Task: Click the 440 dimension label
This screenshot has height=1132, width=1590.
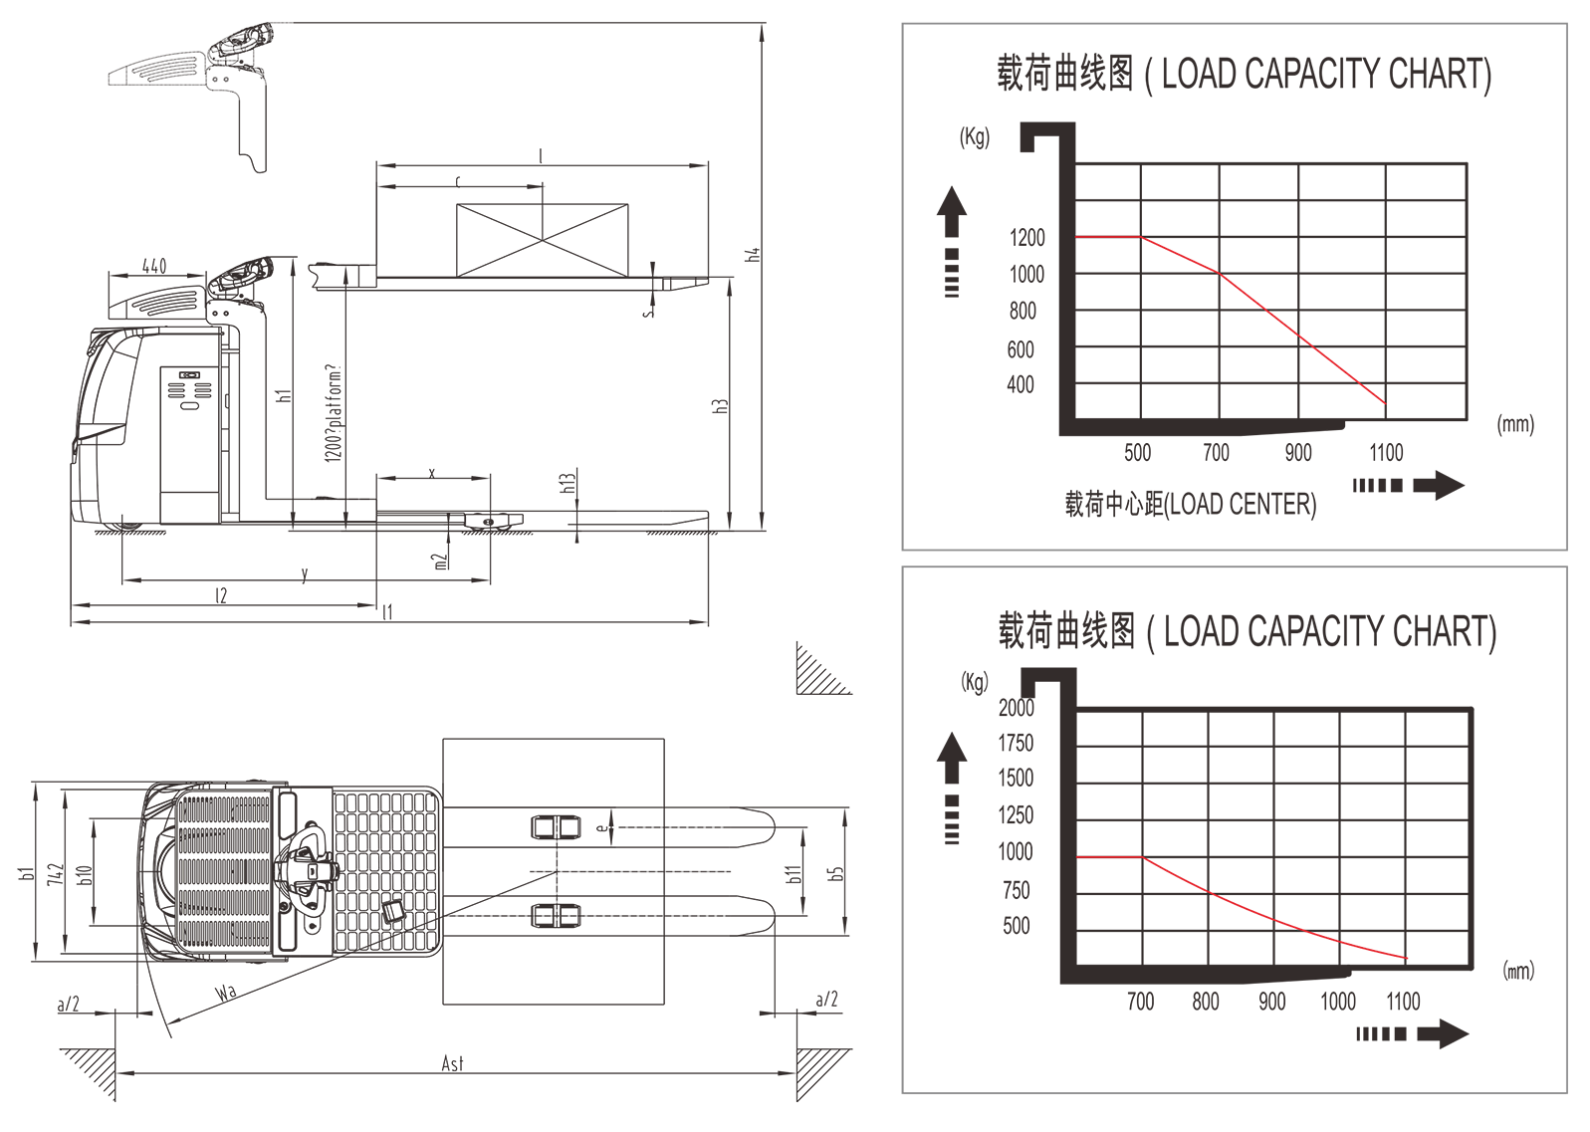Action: [x=154, y=266]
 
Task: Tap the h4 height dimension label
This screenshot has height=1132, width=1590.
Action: [x=754, y=254]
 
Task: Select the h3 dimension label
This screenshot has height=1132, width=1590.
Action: [x=721, y=406]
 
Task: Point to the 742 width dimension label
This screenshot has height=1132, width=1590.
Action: [x=56, y=875]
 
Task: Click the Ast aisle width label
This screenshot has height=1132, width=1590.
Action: [x=452, y=1063]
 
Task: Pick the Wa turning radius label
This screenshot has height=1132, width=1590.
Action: [x=226, y=992]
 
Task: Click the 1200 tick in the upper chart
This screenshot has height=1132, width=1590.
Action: [x=1026, y=238]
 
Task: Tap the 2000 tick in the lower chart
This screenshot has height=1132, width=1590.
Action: [x=1016, y=708]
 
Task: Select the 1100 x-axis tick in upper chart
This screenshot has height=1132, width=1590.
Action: [x=1386, y=453]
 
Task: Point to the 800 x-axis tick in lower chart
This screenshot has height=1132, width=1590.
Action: [x=1205, y=1002]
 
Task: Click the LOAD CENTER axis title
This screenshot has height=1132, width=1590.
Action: [x=1190, y=504]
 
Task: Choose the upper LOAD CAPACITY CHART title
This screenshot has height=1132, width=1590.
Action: [x=1244, y=74]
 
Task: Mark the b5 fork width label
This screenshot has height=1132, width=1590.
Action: [x=836, y=872]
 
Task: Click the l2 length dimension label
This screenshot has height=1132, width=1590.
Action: [x=221, y=595]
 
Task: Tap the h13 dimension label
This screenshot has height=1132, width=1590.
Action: [x=568, y=483]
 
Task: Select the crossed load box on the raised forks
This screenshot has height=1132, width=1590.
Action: [x=542, y=240]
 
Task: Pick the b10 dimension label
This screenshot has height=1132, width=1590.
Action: [x=86, y=874]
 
